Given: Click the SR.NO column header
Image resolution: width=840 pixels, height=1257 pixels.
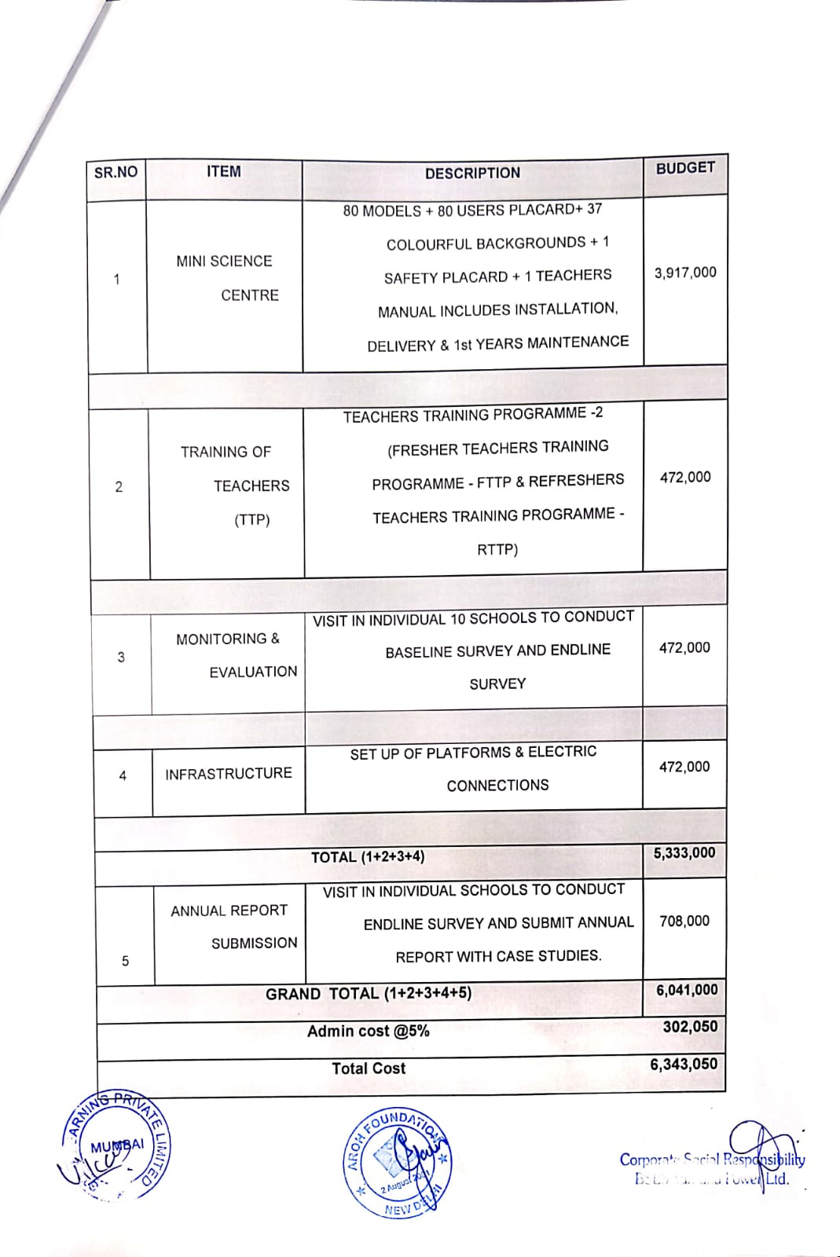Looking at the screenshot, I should click(x=116, y=172).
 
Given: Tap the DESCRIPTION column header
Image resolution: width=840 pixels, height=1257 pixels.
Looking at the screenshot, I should click(x=472, y=173).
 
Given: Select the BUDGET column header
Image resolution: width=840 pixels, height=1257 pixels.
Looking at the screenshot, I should click(x=685, y=168).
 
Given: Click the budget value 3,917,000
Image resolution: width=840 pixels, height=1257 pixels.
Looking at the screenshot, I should click(x=685, y=273).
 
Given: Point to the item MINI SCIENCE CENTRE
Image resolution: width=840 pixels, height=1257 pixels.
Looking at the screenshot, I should click(x=226, y=278).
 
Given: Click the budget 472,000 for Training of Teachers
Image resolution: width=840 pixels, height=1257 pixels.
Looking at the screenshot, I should click(x=685, y=477).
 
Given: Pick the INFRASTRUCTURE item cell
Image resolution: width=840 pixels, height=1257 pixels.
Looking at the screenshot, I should click(x=228, y=774).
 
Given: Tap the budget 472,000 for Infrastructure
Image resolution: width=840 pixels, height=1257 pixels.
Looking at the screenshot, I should click(x=684, y=767).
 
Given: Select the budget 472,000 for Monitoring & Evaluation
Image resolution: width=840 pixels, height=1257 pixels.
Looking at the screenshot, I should click(x=684, y=648).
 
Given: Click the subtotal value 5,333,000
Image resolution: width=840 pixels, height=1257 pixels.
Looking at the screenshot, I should click(x=684, y=852).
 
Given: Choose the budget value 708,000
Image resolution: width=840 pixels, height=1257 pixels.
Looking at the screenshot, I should click(x=684, y=921).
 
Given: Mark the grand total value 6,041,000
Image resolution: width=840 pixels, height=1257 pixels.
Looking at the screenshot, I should click(x=687, y=990).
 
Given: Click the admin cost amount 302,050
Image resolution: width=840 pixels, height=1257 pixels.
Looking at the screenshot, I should click(x=690, y=1027).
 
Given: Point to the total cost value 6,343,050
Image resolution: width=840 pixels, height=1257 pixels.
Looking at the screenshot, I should click(x=684, y=1065).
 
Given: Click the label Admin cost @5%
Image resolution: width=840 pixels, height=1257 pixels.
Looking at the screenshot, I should click(x=369, y=1032).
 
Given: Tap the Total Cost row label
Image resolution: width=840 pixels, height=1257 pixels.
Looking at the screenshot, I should click(x=369, y=1068).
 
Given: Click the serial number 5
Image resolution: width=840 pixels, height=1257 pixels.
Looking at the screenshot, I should click(x=125, y=961).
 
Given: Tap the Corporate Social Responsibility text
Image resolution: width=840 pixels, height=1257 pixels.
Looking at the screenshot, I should click(x=712, y=1160).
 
